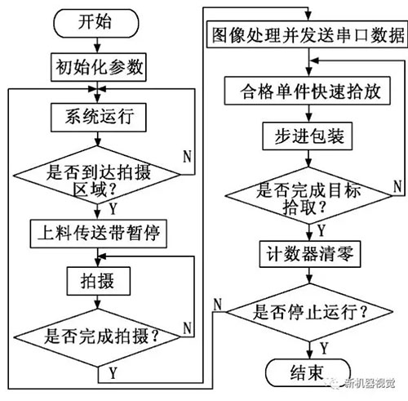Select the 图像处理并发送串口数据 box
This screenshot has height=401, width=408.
pos(306,36)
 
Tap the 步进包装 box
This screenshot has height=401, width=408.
pos(306,134)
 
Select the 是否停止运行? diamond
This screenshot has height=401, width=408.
pos(306,311)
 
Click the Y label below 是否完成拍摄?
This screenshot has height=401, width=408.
pos(110,373)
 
